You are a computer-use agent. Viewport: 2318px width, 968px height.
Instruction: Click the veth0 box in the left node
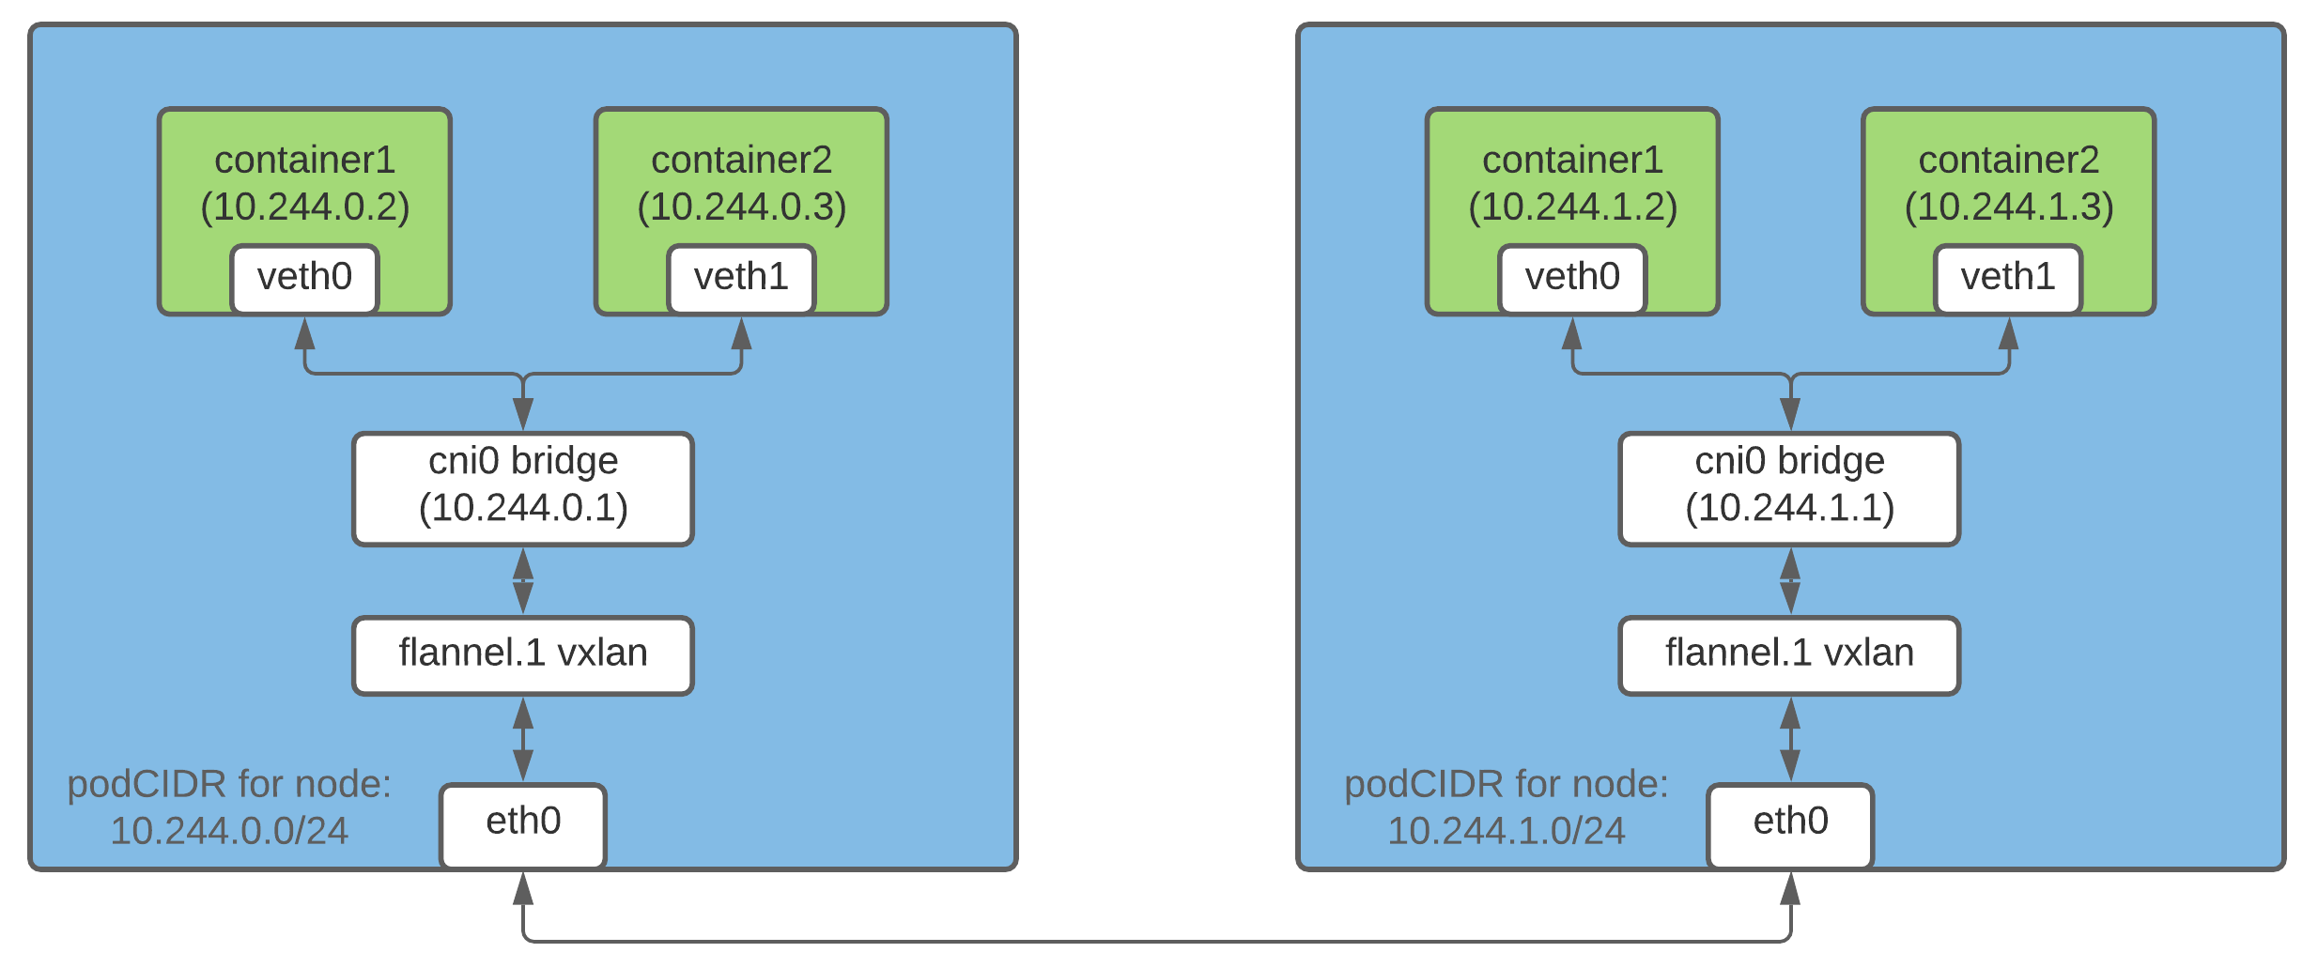coord(305,279)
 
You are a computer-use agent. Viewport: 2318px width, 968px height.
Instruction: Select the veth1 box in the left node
coord(741,279)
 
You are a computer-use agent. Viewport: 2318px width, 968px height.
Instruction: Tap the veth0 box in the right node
coord(1572,279)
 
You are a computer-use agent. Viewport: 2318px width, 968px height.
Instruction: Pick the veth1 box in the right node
coord(2008,279)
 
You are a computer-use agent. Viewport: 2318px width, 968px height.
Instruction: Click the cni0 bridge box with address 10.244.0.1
coord(523,488)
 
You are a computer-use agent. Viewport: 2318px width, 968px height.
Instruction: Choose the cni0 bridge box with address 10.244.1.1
coord(1790,488)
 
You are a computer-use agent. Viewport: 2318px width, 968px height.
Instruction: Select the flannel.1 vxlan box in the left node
coord(523,655)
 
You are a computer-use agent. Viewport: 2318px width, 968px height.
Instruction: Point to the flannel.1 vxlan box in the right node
coord(1790,655)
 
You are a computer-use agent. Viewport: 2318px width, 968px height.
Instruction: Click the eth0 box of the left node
coord(523,825)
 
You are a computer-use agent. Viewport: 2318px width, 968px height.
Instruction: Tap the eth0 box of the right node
coord(1790,825)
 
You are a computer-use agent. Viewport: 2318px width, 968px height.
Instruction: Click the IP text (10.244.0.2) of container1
coord(305,207)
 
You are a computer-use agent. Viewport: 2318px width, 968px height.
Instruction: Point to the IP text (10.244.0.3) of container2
coord(742,207)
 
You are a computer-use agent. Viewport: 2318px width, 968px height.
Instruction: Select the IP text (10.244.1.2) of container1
coord(1573,207)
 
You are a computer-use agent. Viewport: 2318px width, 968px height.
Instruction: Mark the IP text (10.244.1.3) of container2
coord(2009,207)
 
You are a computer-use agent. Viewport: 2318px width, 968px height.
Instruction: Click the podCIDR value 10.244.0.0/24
coord(229,831)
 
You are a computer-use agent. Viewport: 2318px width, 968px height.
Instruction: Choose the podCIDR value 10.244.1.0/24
coord(1507,831)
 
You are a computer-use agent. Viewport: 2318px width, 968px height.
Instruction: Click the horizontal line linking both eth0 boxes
coord(1157,941)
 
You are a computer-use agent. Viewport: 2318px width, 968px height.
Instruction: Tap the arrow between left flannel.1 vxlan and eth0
coord(523,739)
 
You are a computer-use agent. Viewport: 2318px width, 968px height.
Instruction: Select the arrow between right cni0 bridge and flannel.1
coord(1790,581)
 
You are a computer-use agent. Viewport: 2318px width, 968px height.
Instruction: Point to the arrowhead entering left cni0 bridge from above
coord(523,414)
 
